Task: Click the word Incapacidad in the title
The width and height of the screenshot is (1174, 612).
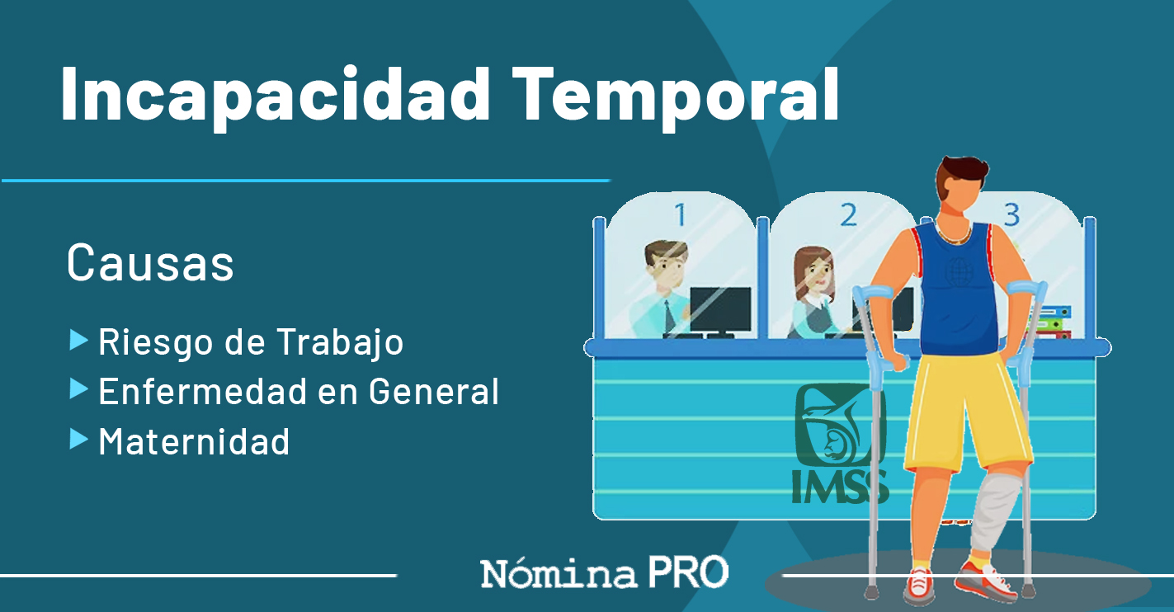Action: pos(276,97)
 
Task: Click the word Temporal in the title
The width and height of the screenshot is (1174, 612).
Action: pos(676,97)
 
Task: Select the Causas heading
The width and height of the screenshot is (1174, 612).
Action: pos(150,263)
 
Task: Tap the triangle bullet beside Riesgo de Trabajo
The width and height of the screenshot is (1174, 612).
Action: pos(78,340)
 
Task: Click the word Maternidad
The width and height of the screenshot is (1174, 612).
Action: pos(194,441)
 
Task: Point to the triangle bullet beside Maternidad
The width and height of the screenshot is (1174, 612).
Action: pos(78,440)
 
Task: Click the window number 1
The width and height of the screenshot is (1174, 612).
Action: pos(681,214)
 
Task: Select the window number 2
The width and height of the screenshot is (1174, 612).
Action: pos(848,214)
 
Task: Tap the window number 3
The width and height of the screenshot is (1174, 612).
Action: pos(1012,214)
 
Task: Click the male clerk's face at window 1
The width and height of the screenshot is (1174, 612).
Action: pos(667,267)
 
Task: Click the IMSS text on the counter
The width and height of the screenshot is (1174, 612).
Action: pos(840,487)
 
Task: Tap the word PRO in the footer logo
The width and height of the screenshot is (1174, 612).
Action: pos(689,572)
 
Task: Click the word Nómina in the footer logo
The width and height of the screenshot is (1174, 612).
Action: pos(559,573)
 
